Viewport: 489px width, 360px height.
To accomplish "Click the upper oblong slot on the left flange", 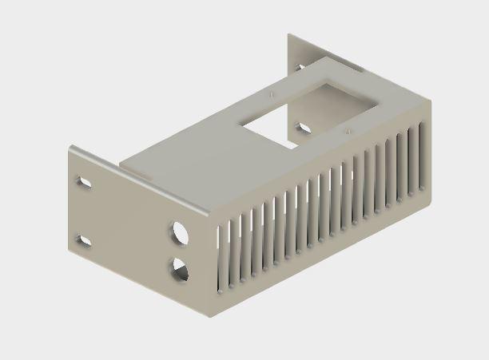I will click(x=82, y=184).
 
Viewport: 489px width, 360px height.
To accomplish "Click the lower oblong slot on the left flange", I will click(x=82, y=239).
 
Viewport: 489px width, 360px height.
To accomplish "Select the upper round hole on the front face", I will click(x=179, y=233).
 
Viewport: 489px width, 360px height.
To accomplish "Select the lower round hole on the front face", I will click(x=180, y=269).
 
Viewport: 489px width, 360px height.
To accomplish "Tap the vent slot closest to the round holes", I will click(x=221, y=255).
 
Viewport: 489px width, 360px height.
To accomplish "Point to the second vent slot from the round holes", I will click(x=232, y=250).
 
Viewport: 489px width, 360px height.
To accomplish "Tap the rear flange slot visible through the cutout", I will click(x=304, y=126).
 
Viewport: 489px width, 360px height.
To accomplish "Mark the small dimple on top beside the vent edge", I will click(x=347, y=128).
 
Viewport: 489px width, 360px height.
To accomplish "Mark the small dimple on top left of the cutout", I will click(x=272, y=93).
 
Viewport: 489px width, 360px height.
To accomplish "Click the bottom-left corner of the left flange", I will click(x=70, y=249).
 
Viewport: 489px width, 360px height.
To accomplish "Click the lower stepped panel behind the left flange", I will click(x=160, y=152).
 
